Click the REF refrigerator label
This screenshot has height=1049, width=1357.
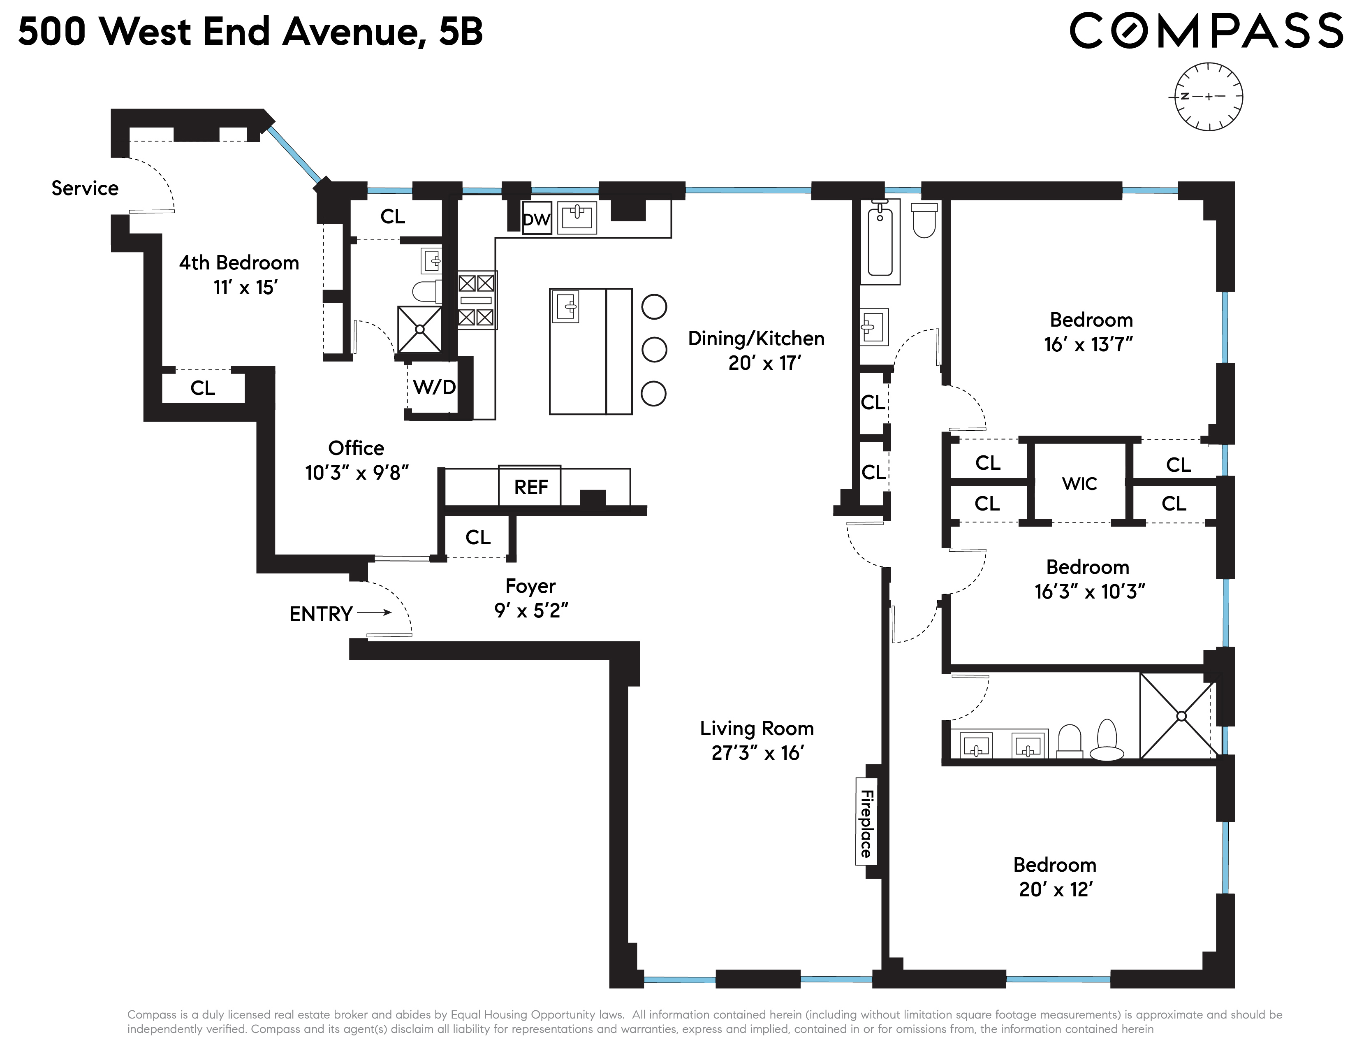coord(530,487)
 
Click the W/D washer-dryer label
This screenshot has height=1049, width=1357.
coord(434,387)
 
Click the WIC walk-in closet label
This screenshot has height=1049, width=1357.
coord(1079,483)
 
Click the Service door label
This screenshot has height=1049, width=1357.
coord(84,188)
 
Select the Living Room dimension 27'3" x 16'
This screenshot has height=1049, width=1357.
coord(757,753)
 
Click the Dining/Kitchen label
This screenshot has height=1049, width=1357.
coord(755,339)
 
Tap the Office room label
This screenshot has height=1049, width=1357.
coord(356,448)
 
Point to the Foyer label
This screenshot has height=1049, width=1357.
coord(530,586)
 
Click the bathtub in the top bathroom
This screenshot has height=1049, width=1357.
coord(880,242)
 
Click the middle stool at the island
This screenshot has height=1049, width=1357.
coord(654,349)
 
